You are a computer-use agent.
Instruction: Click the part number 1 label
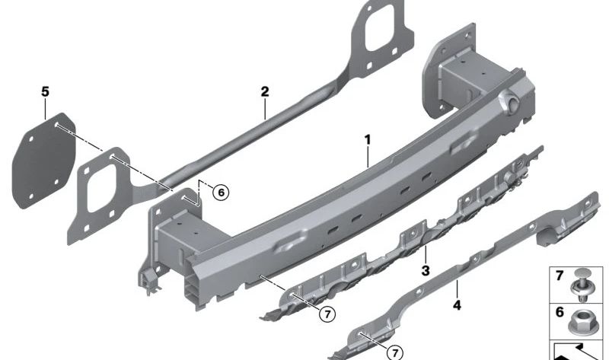(368, 140)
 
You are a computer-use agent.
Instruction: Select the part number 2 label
(265, 92)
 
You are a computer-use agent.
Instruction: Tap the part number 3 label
(426, 270)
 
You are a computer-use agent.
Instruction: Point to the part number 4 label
(458, 305)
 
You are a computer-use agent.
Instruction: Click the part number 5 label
(46, 92)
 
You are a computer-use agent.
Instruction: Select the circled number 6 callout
(221, 193)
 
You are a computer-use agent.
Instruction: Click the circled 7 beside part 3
(327, 314)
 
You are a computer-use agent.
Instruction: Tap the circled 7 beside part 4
(395, 352)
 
